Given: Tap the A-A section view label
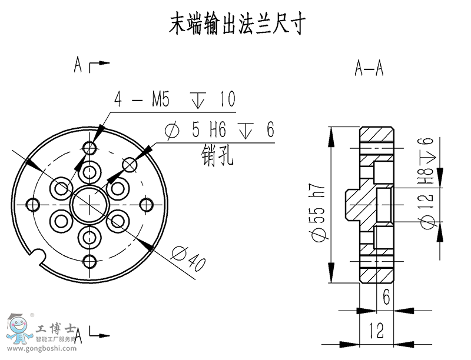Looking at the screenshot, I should [x=369, y=69].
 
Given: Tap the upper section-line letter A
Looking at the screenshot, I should [x=78, y=64].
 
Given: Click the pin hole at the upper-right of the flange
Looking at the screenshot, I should [x=130, y=164].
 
